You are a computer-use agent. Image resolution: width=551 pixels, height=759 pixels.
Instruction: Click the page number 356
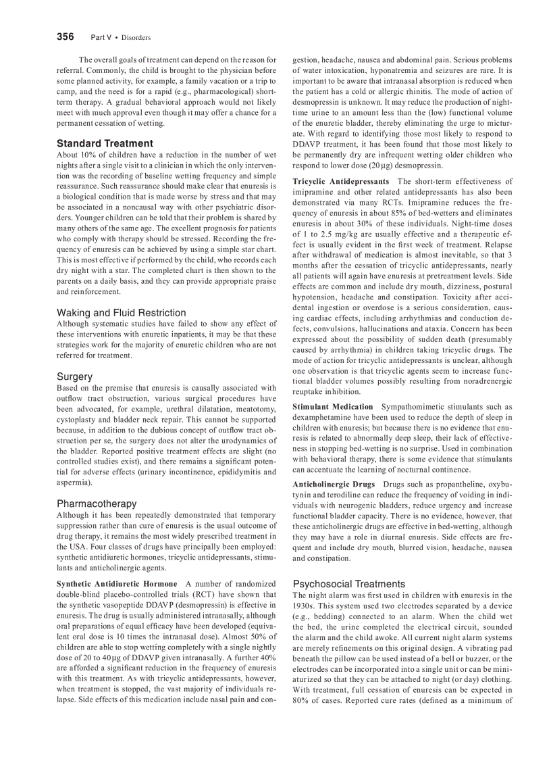click(65, 37)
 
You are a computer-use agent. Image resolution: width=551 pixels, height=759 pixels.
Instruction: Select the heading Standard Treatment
click(105, 143)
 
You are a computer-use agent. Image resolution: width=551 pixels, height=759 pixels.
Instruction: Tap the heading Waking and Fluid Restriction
click(121, 313)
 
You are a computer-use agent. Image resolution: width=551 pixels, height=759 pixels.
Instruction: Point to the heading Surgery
click(74, 376)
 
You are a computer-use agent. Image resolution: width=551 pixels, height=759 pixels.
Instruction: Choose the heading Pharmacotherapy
click(97, 504)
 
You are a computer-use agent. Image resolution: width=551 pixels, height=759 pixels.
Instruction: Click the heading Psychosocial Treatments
click(348, 584)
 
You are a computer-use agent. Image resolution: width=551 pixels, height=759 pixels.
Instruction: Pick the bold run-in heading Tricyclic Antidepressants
click(340, 181)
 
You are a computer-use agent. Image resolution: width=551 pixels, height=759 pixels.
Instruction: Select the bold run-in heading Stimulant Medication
click(332, 406)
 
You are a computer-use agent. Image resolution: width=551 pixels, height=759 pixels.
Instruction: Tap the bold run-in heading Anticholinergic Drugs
click(334, 485)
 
